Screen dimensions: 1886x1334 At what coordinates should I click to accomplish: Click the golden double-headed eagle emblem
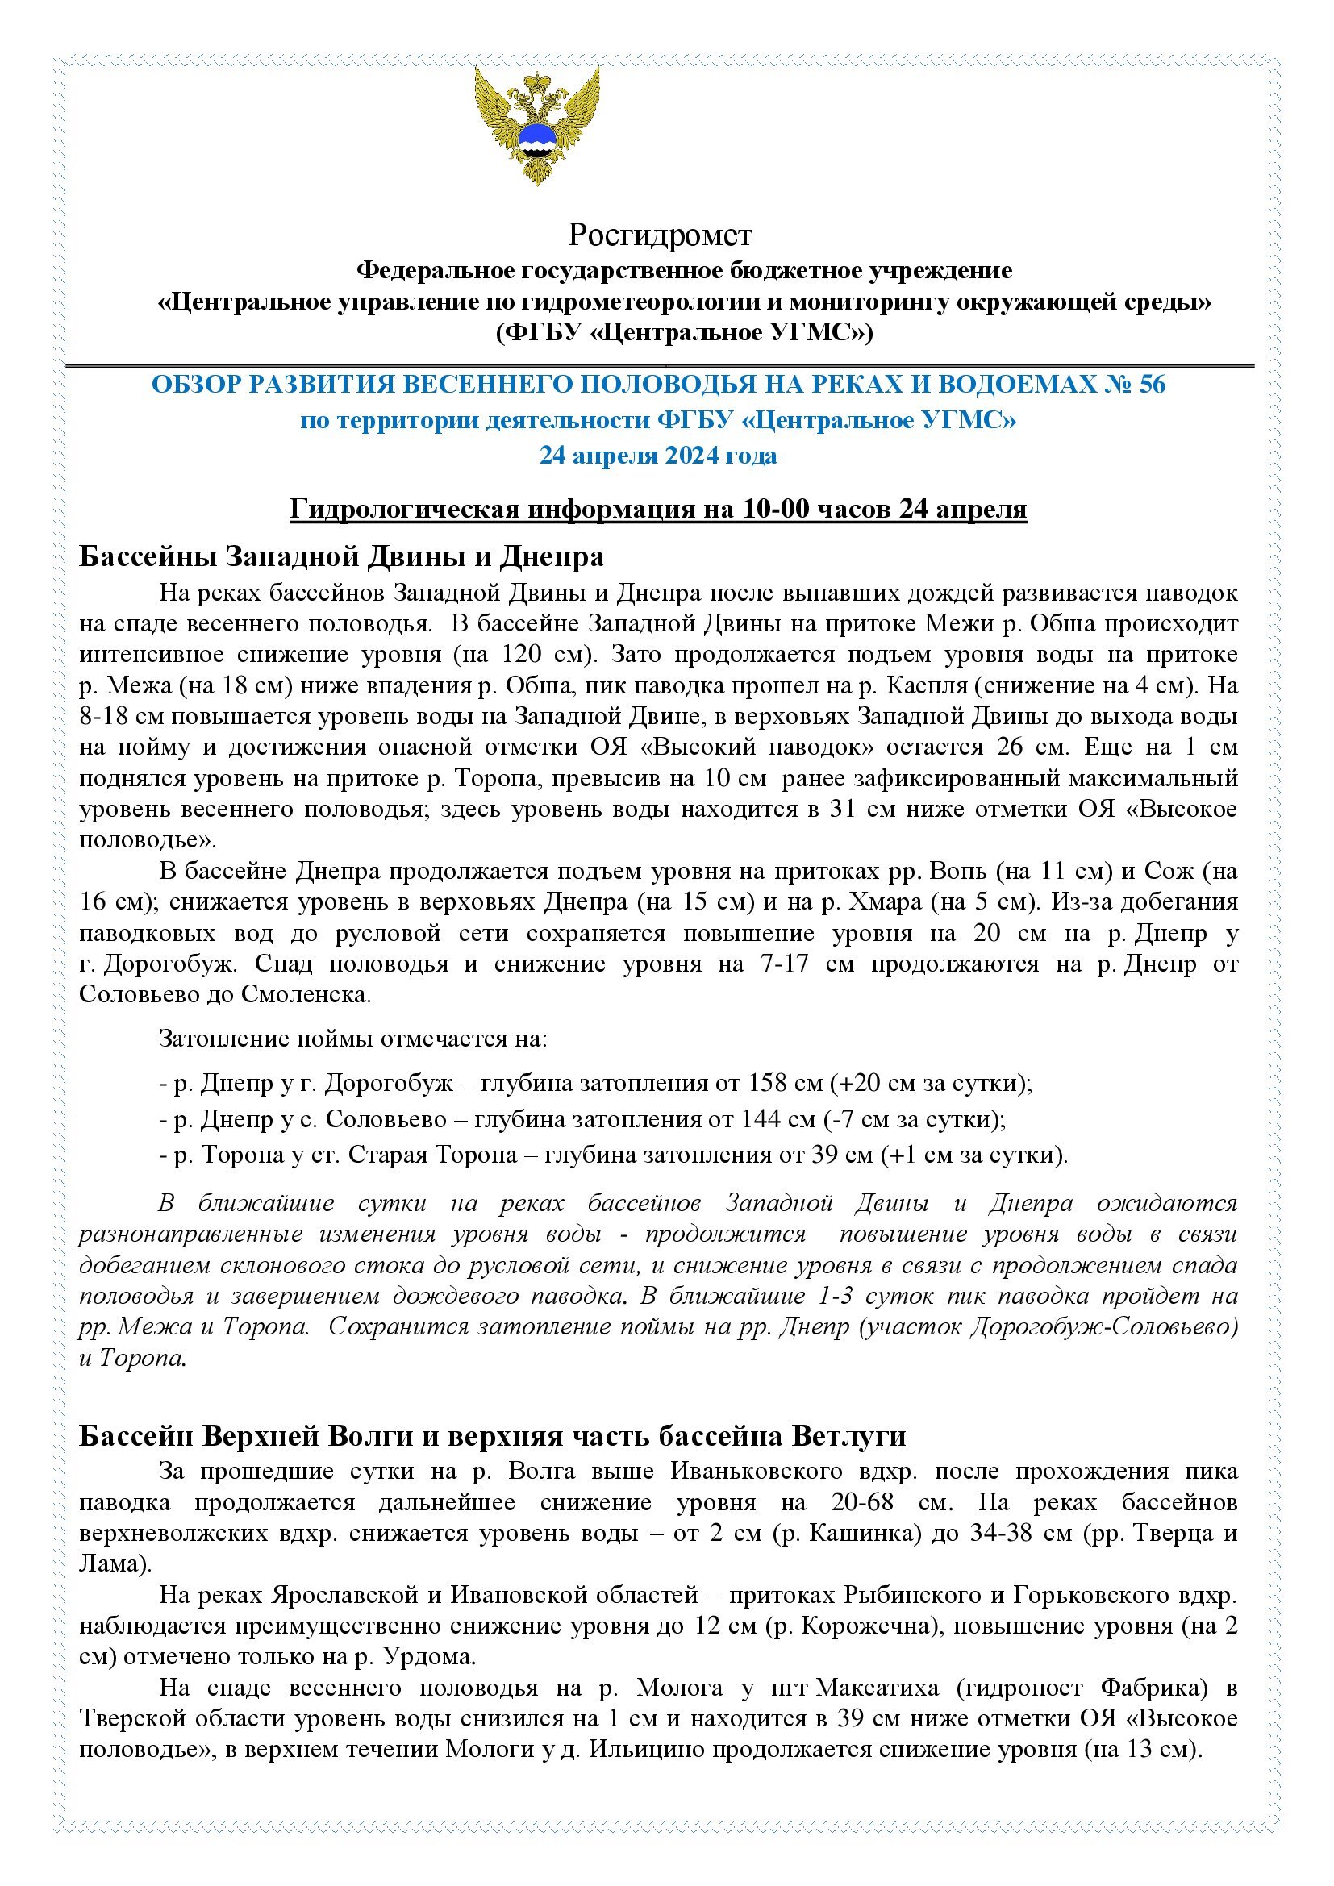[537, 125]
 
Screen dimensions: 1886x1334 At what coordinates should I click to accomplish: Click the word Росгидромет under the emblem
[660, 235]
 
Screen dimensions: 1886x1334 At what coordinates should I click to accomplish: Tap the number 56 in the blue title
[1151, 385]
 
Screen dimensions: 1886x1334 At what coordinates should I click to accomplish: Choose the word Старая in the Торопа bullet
[391, 1155]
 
